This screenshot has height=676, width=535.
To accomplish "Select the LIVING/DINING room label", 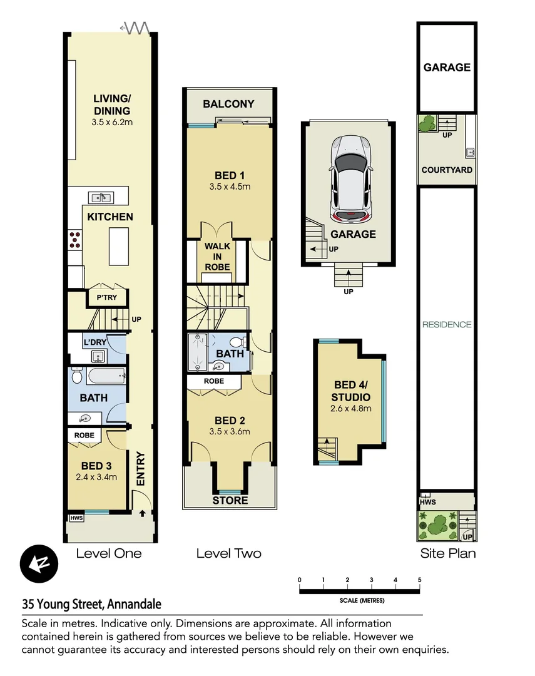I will pos(113,105).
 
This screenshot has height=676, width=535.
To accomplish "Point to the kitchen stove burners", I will pos(75,238).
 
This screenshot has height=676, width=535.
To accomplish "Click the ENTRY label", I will pos(141,469).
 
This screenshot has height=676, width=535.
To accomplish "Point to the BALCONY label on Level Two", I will pos(228,104).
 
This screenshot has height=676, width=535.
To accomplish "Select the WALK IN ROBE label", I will pos(217,257).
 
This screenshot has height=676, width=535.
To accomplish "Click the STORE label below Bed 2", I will pos(230,500).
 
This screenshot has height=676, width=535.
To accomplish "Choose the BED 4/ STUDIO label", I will pos(352,392).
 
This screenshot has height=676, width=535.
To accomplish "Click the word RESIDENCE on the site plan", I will pos(447,324).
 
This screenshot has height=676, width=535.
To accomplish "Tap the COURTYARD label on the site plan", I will pos(447,170).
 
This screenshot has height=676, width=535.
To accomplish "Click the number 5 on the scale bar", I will pos(419,580).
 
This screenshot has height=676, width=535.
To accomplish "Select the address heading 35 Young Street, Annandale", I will pos(91,604).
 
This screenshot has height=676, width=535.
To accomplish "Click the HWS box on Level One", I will pos(76,518).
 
